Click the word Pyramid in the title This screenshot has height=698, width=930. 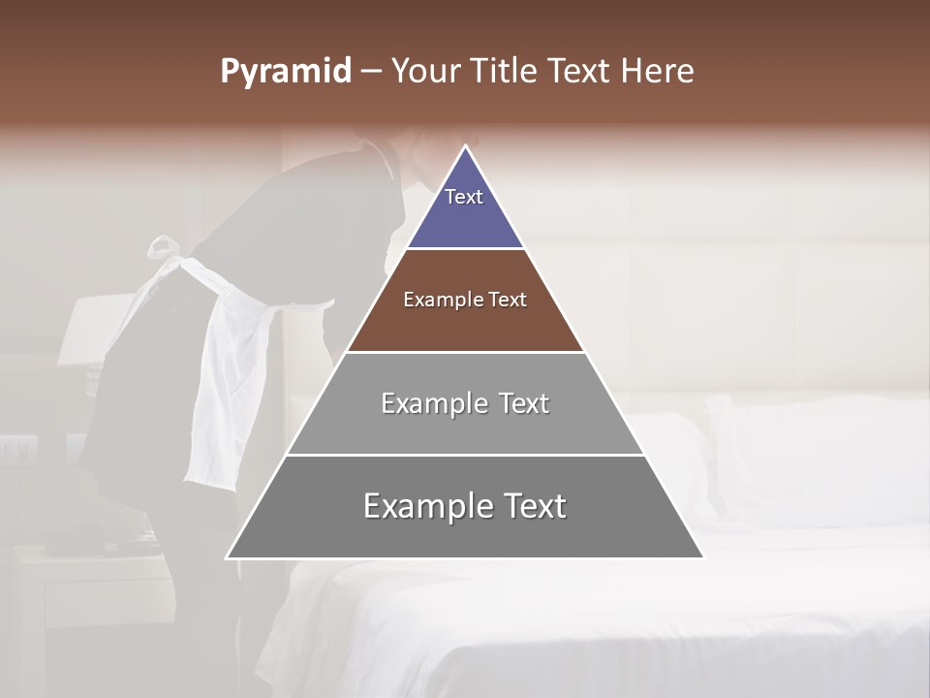286,72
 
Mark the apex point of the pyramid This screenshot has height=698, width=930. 466,146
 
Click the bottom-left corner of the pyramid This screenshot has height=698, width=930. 228,557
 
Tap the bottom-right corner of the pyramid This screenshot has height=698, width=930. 703,557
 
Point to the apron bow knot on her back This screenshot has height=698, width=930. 167,247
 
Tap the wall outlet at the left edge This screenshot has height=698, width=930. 17,448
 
